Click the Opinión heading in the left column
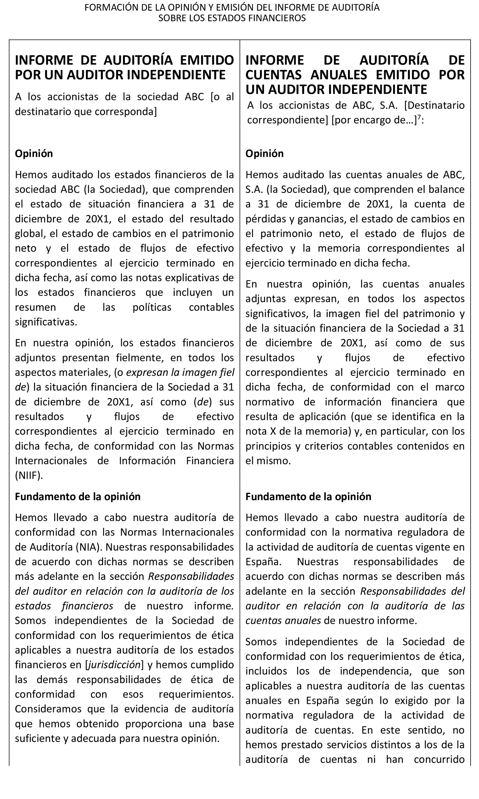coord(34,153)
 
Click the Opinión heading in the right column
coord(264,153)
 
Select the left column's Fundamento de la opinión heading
coord(78,496)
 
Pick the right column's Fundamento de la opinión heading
coord(308,496)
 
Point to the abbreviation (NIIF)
coord(29,475)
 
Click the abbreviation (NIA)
coord(89,547)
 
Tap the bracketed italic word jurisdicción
coord(115,665)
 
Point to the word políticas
coord(152,307)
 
